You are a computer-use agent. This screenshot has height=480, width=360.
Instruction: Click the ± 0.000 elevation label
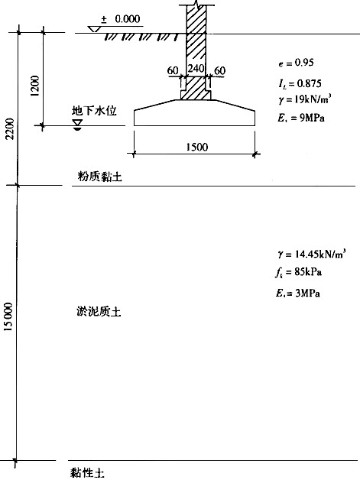pos(121,19)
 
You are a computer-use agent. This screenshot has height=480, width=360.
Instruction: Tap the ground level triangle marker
pos(93,29)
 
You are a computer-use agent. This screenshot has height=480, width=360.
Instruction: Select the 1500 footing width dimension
pos(197,147)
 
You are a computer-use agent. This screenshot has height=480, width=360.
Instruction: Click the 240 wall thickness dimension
pos(196,68)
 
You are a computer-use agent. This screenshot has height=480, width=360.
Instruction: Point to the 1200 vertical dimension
pos(35,86)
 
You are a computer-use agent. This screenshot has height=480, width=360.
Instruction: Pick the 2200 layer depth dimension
pos(10,128)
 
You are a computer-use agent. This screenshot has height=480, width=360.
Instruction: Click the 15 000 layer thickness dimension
pos(8,316)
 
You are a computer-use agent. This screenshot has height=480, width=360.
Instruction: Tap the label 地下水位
pos(94,111)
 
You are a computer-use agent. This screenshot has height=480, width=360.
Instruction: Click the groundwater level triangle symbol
pos(77,123)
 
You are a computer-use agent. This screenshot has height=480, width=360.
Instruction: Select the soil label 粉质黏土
pos(100,177)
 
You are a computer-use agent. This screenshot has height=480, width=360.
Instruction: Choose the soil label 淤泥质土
pos(99,312)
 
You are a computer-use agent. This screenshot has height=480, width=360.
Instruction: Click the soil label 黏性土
pos(88,472)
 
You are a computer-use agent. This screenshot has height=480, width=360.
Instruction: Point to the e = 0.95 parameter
pos(296,63)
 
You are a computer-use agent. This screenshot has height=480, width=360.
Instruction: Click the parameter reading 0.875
pos(310,83)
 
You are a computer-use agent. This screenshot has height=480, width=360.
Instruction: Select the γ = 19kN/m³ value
pos(305,99)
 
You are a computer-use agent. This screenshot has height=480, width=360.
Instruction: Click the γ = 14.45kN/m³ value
pos(312,254)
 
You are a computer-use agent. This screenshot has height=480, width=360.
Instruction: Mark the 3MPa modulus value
pos(308,294)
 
